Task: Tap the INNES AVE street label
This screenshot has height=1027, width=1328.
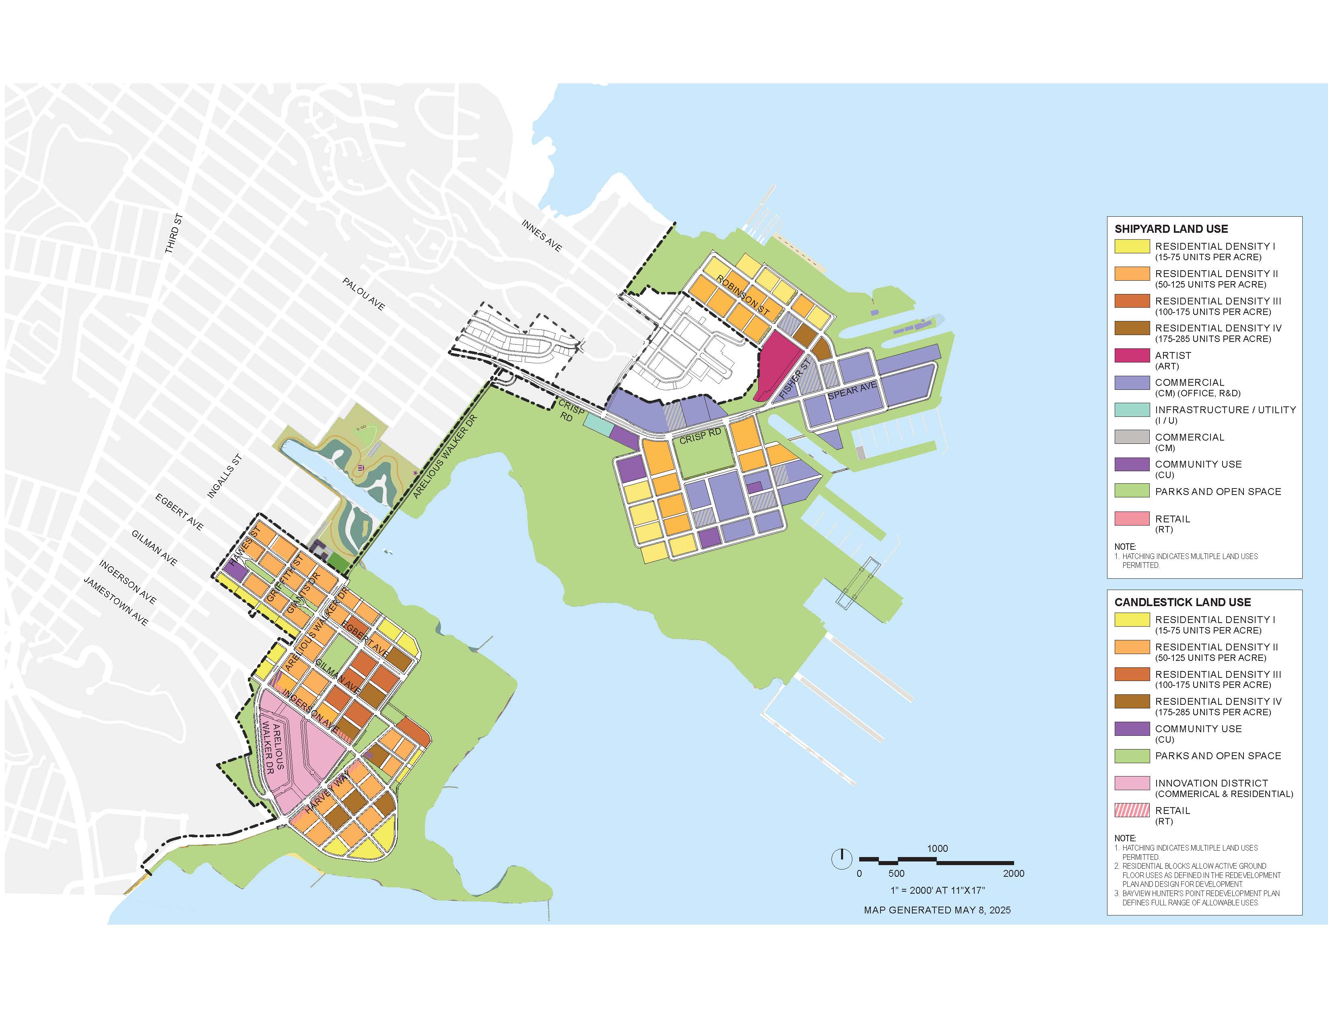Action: click(x=542, y=236)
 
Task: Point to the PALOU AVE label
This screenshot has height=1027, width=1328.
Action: click(x=364, y=294)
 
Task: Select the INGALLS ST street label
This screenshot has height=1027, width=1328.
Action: click(x=225, y=476)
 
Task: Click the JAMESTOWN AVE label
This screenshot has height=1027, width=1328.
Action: click(x=115, y=602)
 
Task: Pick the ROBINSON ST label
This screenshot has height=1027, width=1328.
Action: click(x=742, y=296)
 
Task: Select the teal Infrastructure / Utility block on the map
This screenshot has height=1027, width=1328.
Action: click(x=598, y=424)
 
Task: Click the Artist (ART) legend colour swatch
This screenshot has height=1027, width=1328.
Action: click(x=1132, y=355)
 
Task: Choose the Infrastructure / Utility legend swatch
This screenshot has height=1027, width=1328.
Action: click(x=1132, y=410)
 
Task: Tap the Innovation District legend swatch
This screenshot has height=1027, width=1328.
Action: click(x=1132, y=783)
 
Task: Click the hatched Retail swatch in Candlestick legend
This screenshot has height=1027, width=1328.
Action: click(x=1132, y=810)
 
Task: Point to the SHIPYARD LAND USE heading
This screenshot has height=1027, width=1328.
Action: click(x=1171, y=229)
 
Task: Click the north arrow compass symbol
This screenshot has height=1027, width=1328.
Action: click(x=841, y=859)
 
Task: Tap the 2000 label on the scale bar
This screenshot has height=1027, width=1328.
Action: click(x=1014, y=874)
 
